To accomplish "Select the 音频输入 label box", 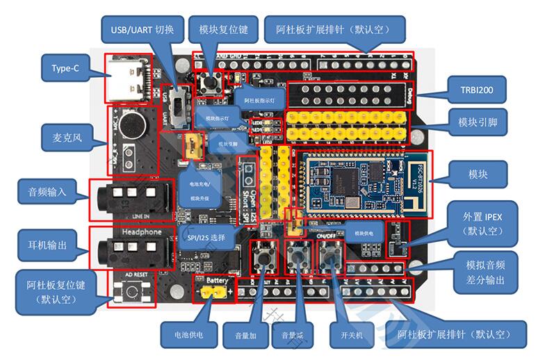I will tap(47, 192).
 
